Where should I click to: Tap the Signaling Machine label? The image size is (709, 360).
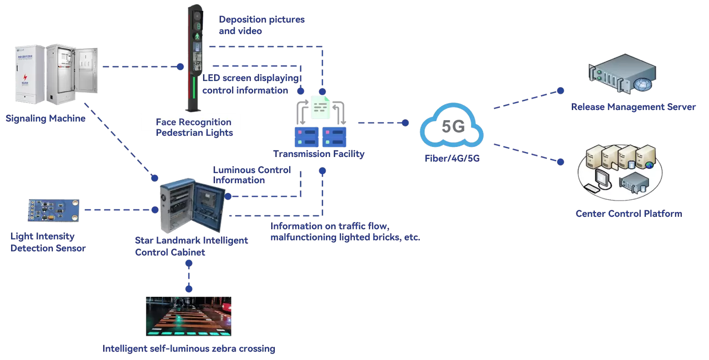46,119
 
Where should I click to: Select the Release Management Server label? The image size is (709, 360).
633,107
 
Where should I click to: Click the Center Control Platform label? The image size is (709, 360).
628,214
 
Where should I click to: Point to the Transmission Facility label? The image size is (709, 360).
319,154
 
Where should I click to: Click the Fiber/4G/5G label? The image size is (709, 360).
451,159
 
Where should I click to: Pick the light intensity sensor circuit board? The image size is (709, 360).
53,210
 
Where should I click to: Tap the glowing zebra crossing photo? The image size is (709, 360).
189,317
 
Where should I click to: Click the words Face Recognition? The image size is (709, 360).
193,122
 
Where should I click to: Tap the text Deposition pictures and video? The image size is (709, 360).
262,25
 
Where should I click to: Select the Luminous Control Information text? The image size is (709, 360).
252,175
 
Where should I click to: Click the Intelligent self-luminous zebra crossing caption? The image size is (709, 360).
189,348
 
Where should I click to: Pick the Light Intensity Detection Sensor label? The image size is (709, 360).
48,242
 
